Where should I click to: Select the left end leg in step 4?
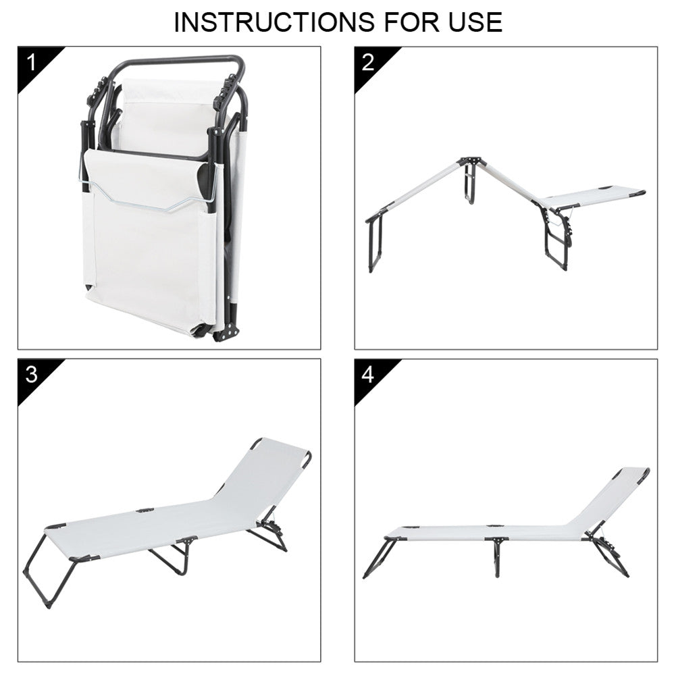click(379, 558)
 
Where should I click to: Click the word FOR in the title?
click(412, 22)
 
